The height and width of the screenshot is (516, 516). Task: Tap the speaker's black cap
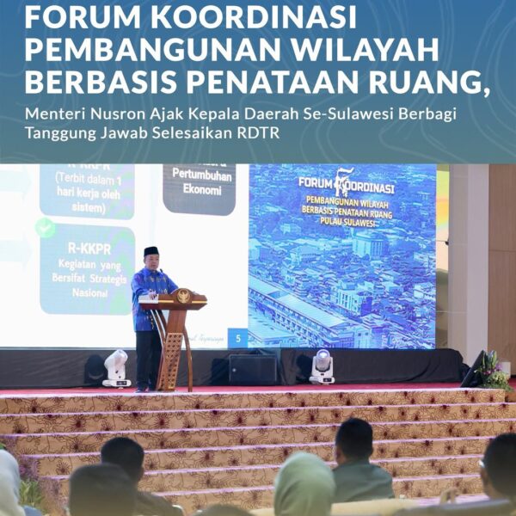(x=151, y=251)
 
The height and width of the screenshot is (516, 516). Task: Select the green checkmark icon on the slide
(x=46, y=227)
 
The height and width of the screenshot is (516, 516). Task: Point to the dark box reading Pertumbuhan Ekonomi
(x=199, y=188)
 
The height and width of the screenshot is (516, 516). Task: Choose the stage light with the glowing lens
(x=322, y=365)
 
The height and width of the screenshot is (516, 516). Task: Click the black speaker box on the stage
(x=253, y=369)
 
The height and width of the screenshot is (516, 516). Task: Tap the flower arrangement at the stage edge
(x=494, y=370)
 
